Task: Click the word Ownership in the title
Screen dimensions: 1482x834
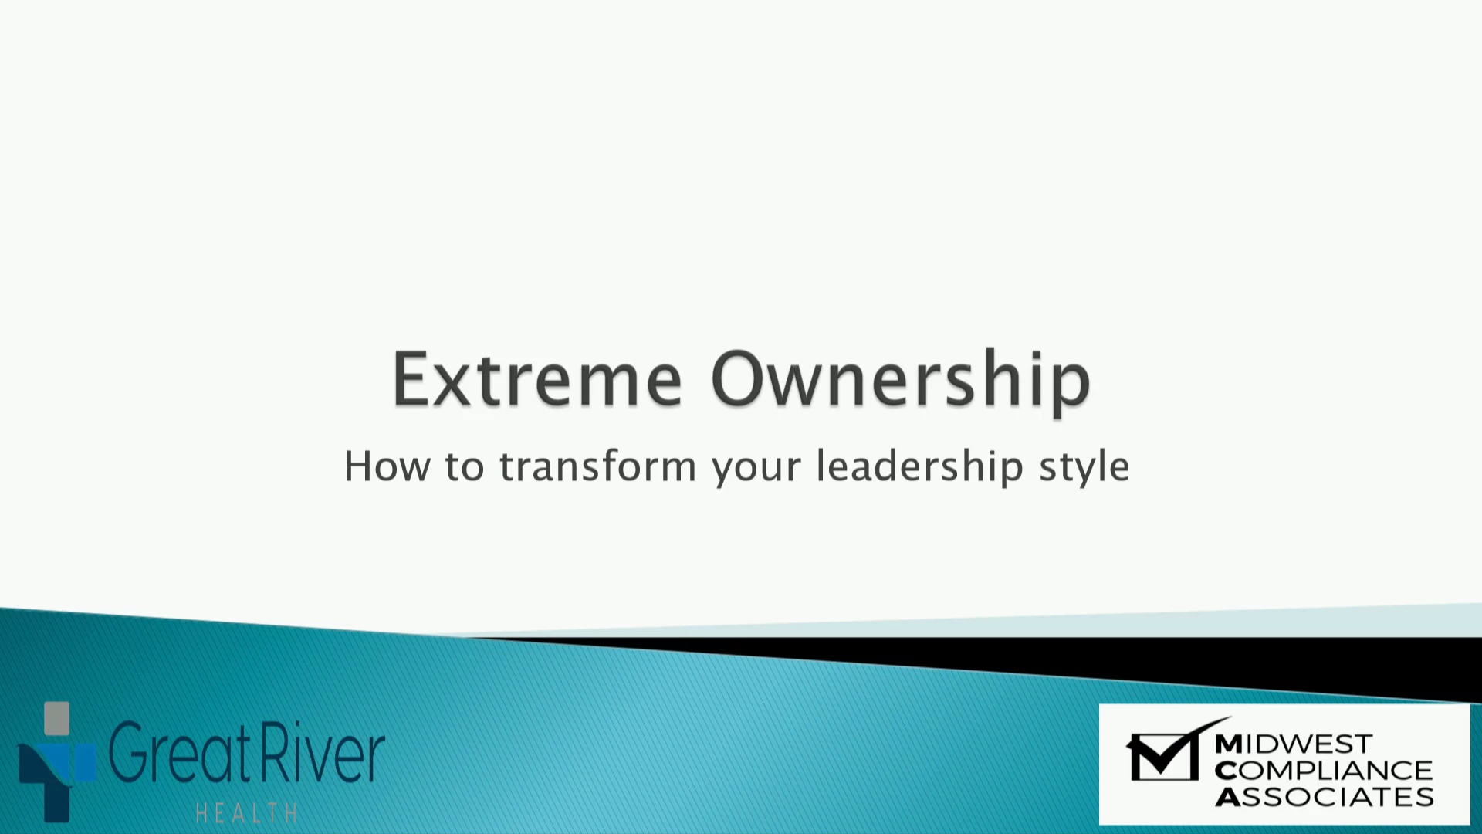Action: click(x=901, y=383)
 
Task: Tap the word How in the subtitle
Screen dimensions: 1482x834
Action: click(x=387, y=466)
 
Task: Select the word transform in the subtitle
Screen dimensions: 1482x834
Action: click(x=598, y=466)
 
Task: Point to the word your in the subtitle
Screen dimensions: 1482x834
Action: click(x=757, y=470)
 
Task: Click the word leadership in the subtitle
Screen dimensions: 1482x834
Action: click(x=920, y=467)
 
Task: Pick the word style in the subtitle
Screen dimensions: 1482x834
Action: click(x=1084, y=468)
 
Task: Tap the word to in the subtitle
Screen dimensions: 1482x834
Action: click(x=465, y=467)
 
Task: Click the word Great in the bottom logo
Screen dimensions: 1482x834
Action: click(x=180, y=752)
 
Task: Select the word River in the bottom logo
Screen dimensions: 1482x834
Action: click(x=323, y=752)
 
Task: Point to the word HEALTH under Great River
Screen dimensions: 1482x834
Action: click(x=247, y=813)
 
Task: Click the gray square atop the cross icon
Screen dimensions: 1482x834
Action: click(x=57, y=718)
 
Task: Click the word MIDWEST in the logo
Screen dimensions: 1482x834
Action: click(x=1293, y=744)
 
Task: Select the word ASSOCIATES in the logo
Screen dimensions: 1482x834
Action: click(x=1325, y=796)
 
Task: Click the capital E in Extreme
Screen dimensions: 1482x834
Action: click(x=411, y=379)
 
